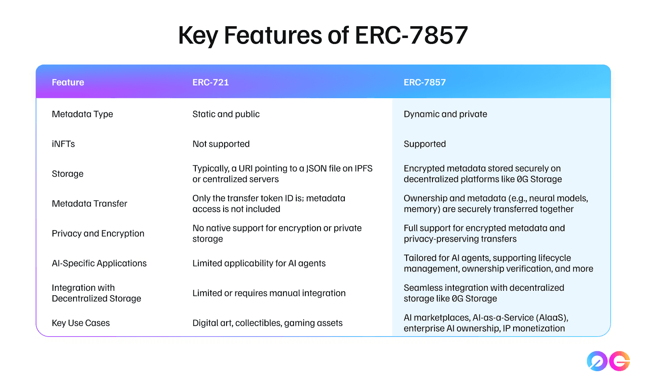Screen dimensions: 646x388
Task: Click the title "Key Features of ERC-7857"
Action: (323, 35)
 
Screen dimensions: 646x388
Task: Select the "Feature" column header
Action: (68, 82)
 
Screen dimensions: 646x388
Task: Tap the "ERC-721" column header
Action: (210, 82)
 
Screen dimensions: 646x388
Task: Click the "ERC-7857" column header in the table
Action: (424, 82)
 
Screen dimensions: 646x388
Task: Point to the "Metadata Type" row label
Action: (82, 115)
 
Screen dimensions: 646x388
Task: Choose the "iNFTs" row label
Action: (63, 144)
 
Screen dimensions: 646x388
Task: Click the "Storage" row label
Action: (67, 174)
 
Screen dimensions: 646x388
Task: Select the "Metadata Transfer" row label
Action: (89, 204)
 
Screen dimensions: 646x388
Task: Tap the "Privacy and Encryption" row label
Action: (98, 233)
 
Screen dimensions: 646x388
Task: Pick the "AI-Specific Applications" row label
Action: (99, 263)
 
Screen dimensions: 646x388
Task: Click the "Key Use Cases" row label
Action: (81, 323)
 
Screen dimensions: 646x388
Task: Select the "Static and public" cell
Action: (226, 115)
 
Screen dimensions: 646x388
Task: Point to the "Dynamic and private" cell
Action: (445, 115)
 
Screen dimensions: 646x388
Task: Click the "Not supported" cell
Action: (221, 144)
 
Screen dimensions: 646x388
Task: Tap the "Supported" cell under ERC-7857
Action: (425, 144)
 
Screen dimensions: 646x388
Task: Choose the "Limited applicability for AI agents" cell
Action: (259, 263)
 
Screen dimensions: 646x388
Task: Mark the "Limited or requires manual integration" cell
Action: (269, 293)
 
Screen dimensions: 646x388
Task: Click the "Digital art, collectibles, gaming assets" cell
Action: (268, 323)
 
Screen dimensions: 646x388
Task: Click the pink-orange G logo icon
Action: (619, 361)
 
